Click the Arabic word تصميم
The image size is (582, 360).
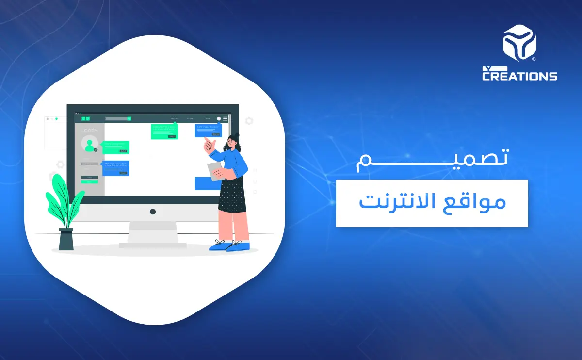pyautogui.click(x=432, y=158)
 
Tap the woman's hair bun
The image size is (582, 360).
pyautogui.click(x=237, y=135)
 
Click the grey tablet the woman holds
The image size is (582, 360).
pyautogui.click(x=215, y=171)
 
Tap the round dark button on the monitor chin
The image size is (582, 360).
pyautogui.click(x=153, y=212)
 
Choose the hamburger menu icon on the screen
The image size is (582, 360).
pyautogui.click(x=225, y=118)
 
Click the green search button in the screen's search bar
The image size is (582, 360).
pyautogui.click(x=129, y=118)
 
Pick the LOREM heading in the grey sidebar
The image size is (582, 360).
pyautogui.click(x=89, y=131)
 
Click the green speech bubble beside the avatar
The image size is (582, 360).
pyautogui.click(x=116, y=147)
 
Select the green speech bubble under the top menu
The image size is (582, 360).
pyautogui.click(x=164, y=131)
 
